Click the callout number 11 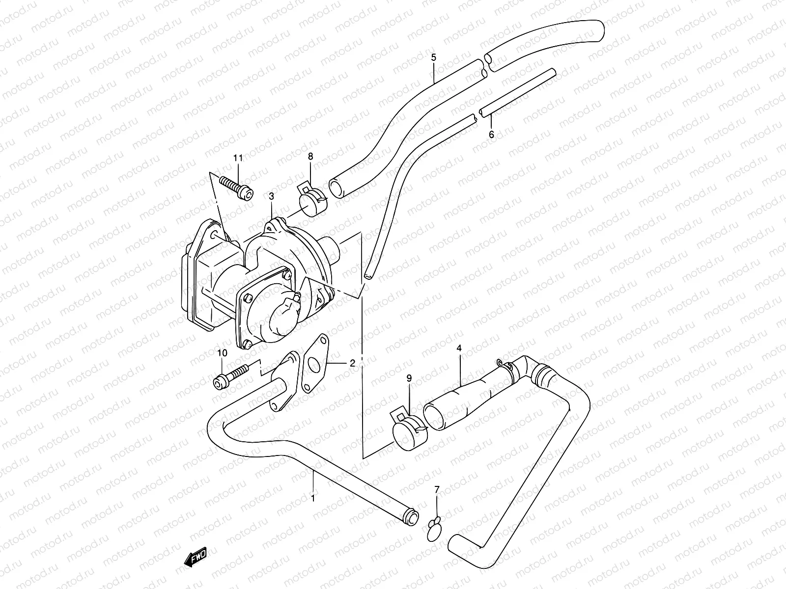coord(238,158)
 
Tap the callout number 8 coord(310,156)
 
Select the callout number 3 coord(272,196)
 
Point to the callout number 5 coord(434,57)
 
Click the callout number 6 coord(491,134)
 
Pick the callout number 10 coord(222,353)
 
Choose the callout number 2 coord(352,363)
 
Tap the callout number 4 coord(459,348)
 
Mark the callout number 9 coord(409,378)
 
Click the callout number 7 coord(437,489)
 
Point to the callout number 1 coord(313,498)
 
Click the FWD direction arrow coord(196,557)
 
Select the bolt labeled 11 coord(237,188)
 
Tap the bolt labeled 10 coord(230,377)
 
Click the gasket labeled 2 coord(315,363)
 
